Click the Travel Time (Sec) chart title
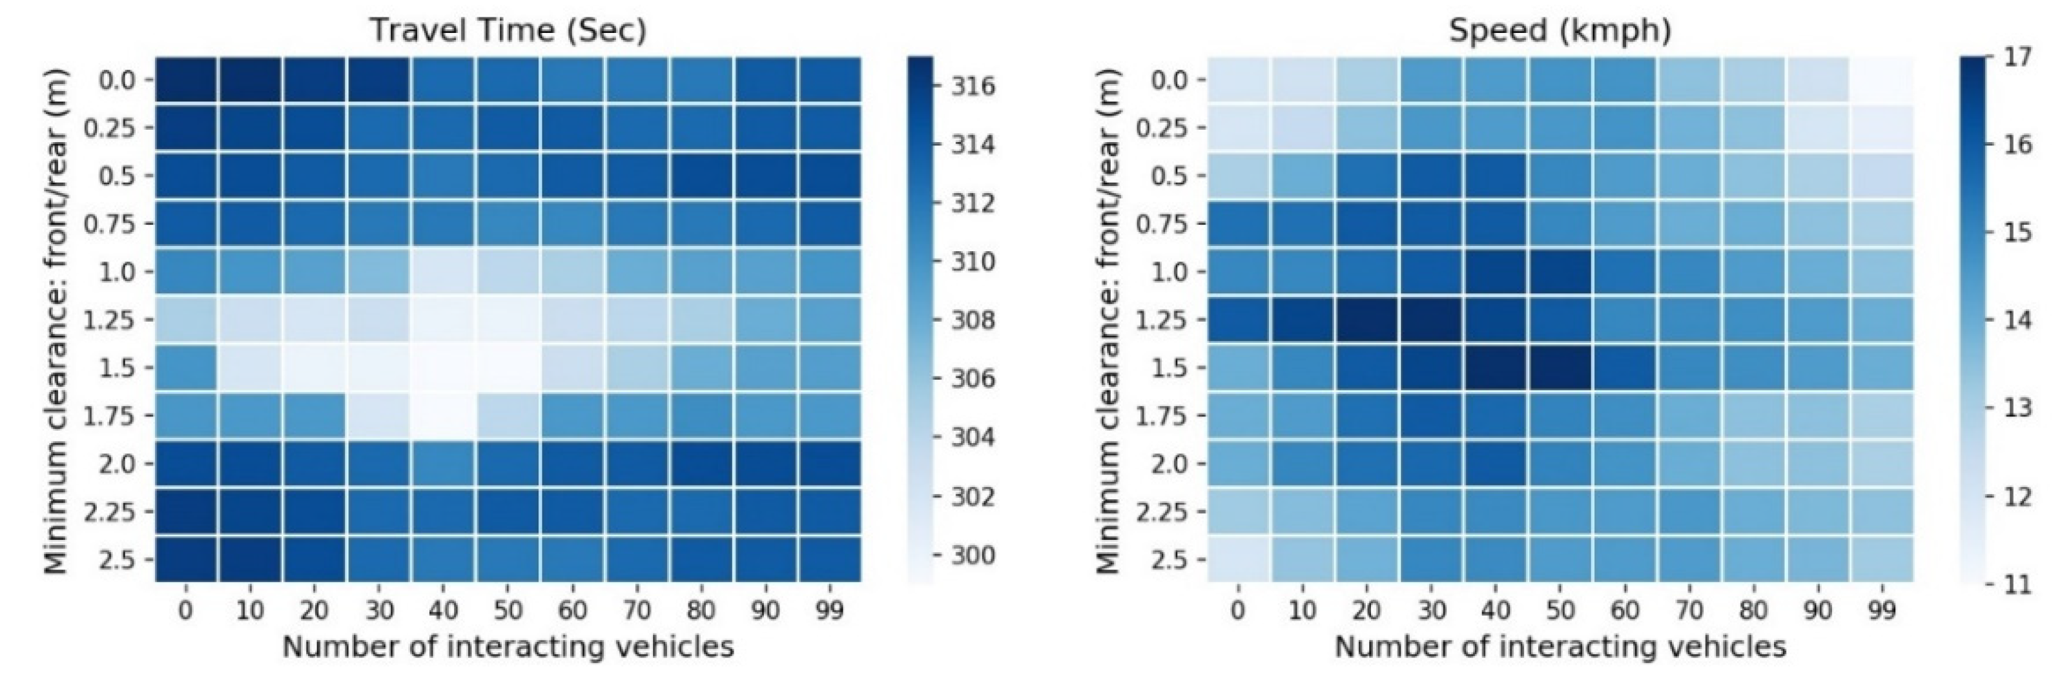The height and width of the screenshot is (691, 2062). tap(508, 30)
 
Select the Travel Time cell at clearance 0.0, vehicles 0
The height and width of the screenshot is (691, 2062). tap(186, 80)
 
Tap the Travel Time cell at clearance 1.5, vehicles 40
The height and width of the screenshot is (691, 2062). tap(444, 367)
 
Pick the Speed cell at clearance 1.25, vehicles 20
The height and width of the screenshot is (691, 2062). tap(1366, 320)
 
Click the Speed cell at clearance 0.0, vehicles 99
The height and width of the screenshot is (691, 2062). tap(1882, 80)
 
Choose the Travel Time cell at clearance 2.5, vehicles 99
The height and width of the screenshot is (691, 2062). tap(829, 559)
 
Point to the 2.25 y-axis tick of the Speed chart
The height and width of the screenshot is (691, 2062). tap(1160, 511)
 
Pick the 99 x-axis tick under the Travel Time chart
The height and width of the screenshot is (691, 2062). tap(829, 611)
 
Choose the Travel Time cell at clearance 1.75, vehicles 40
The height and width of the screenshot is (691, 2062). tap(444, 415)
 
